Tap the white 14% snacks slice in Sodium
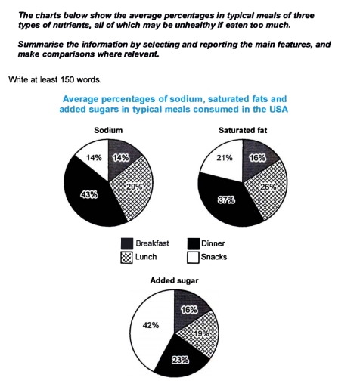pos(92,159)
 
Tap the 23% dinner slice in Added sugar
pos(180,358)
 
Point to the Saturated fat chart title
pos(243,128)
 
